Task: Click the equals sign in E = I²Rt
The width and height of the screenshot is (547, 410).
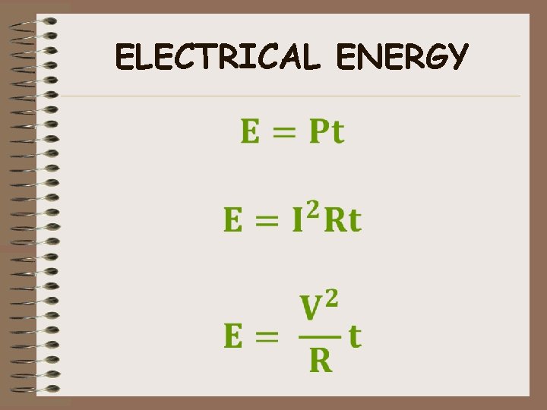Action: (266, 221)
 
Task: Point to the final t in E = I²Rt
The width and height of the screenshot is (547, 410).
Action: (354, 221)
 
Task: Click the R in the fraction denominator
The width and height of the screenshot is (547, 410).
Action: (321, 360)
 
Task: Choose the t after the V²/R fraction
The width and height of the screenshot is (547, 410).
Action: (354, 336)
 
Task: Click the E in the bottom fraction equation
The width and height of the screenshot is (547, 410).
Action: (235, 336)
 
